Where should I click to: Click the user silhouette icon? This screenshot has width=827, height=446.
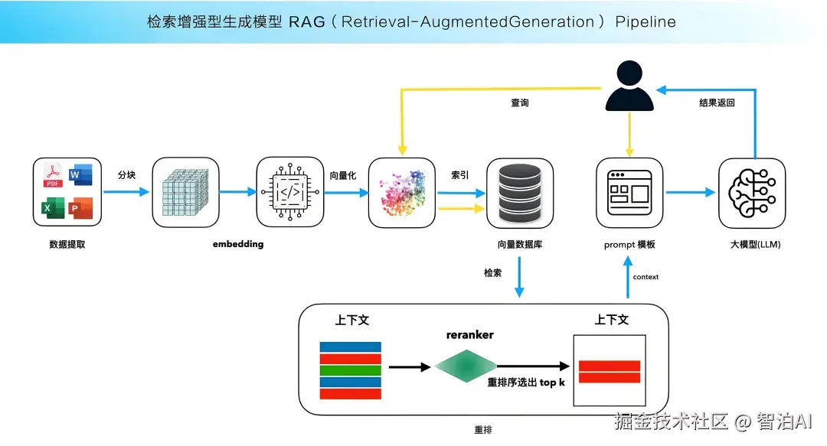(x=629, y=88)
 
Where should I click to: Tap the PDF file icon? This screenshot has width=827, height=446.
(x=53, y=176)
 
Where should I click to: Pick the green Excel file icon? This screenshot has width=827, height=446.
(x=53, y=207)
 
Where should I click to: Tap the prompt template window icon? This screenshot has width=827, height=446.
(x=629, y=192)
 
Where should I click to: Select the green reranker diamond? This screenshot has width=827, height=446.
(x=466, y=366)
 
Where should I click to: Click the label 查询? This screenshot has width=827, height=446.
(x=520, y=103)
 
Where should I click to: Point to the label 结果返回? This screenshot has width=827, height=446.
(x=717, y=103)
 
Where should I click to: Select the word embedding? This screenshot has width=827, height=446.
(x=238, y=244)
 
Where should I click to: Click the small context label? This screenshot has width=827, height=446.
(x=646, y=276)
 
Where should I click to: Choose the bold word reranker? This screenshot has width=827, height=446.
(x=470, y=334)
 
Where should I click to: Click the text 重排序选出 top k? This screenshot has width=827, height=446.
(x=527, y=383)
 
